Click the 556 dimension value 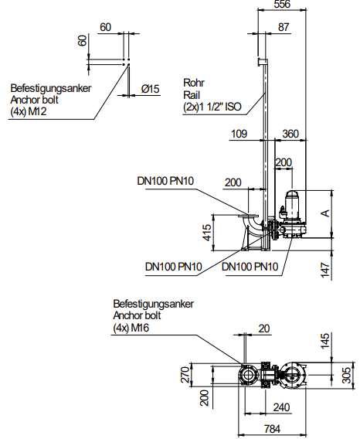[x=282, y=4]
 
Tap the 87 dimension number [x=284, y=27]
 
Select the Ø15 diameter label [x=151, y=89]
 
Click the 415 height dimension [x=207, y=233]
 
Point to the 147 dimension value [x=325, y=270]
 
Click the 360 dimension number [x=290, y=134]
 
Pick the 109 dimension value [x=239, y=134]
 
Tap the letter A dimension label [x=325, y=213]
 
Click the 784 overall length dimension [x=272, y=429]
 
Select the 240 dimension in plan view [x=281, y=407]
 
